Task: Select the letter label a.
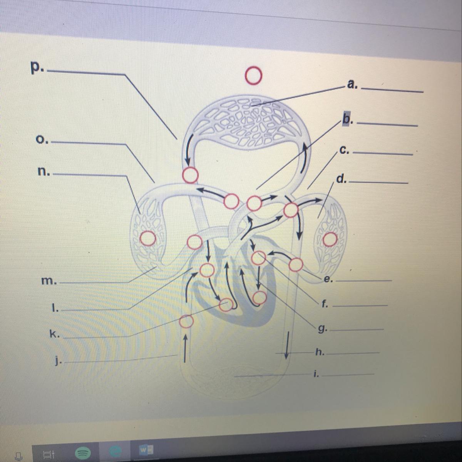point(352,84)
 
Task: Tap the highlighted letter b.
point(348,119)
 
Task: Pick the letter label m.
point(49,281)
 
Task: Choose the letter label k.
point(54,334)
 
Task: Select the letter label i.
point(316,374)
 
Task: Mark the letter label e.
point(328,279)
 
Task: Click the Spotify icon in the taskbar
point(83,453)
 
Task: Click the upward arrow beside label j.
point(185,348)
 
